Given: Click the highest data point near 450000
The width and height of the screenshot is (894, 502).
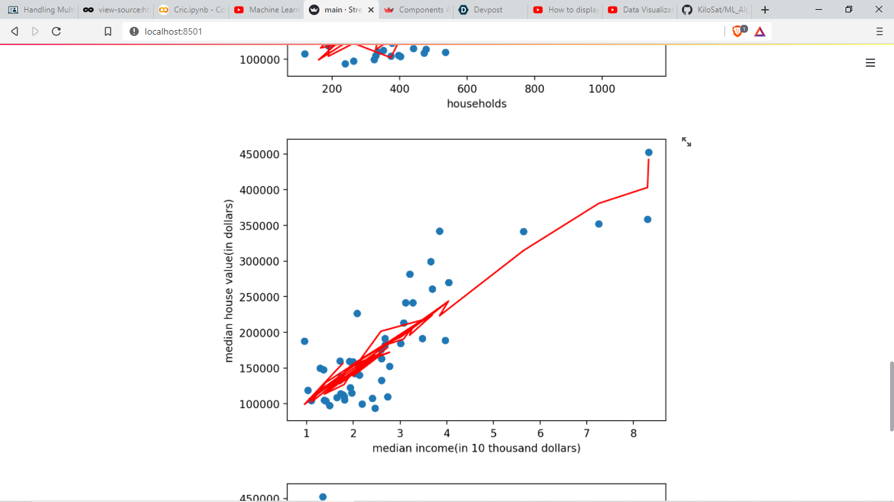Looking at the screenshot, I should click(649, 152).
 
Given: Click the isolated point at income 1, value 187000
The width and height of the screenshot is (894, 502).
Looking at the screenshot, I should click(304, 341).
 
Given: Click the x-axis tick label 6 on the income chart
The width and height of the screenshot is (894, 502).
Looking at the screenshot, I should click(540, 433).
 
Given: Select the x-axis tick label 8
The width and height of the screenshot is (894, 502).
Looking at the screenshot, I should click(634, 433).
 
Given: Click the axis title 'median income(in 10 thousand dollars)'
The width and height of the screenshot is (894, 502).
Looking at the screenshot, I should click(476, 448).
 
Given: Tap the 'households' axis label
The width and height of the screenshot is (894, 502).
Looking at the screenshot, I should click(476, 104).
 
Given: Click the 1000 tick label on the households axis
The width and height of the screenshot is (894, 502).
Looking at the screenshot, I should click(601, 89).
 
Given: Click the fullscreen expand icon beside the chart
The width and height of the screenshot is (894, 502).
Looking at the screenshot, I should click(687, 142).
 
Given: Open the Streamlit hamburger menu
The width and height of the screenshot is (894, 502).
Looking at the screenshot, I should click(870, 63).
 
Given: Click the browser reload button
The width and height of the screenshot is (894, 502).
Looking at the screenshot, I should click(56, 31).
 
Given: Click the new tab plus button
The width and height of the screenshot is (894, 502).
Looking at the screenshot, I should click(765, 10).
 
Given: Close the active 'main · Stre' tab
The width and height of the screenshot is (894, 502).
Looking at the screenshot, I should click(371, 10).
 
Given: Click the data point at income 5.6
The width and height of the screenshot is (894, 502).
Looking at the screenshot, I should click(524, 231).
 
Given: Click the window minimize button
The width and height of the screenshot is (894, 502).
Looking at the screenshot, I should click(819, 10).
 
